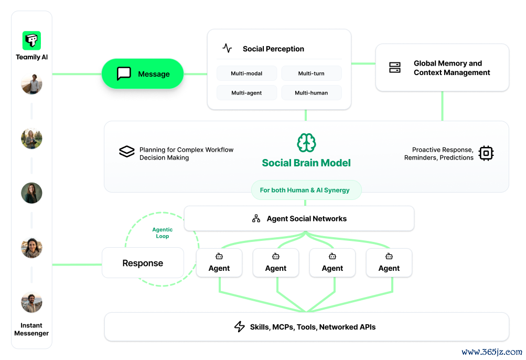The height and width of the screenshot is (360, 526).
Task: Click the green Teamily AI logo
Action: point(31,40)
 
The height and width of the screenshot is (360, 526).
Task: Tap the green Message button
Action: point(143,74)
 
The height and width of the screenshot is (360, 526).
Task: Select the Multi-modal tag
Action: point(246,73)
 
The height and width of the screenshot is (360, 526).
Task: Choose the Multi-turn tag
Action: point(312,73)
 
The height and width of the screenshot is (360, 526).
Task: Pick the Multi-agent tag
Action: point(246,93)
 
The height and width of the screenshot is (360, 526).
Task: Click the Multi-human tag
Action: point(312,93)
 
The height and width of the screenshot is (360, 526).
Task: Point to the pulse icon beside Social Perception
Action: point(227,48)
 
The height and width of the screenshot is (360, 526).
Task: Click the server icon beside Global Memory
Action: point(395,68)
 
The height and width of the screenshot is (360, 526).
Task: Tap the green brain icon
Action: point(306,143)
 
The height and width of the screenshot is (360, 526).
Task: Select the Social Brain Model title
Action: point(306,163)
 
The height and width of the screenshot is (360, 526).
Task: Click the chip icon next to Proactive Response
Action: point(486,153)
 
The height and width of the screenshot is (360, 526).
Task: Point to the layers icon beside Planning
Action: point(127,152)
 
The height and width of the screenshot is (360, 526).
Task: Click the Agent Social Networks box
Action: point(299,219)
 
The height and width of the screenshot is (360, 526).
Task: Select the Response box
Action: point(143,263)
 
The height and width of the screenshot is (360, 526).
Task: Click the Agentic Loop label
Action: point(163,232)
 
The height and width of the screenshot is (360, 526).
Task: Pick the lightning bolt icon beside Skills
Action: point(240,327)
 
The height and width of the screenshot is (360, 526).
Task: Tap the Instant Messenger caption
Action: point(31,329)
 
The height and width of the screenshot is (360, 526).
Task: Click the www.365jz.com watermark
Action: point(492,352)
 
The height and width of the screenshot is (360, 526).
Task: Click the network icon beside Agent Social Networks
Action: point(256,219)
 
